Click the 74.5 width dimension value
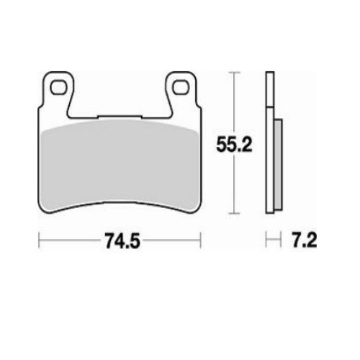120,240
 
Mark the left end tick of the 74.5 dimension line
38,240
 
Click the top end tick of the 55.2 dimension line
231,73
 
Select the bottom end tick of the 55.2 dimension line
231,213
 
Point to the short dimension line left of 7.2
271,240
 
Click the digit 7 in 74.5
107,240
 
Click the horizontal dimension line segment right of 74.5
169,240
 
